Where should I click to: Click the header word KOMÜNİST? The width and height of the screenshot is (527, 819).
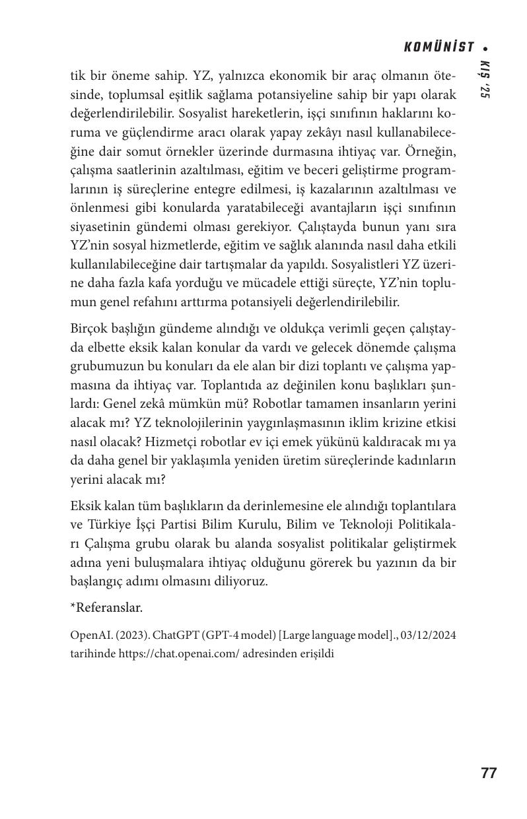[439, 48]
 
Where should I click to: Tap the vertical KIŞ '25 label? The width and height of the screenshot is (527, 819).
[484, 80]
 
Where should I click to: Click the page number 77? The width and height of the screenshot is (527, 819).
[488, 773]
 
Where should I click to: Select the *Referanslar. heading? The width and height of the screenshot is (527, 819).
[106, 607]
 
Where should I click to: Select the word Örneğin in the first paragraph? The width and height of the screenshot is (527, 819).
[431, 152]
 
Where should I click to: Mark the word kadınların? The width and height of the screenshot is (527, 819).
[428, 460]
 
